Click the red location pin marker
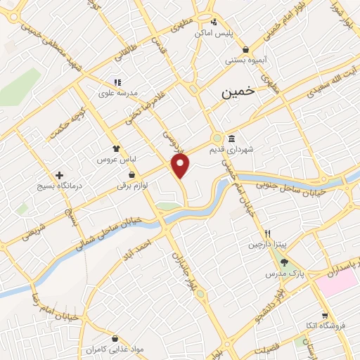181,166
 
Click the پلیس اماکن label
213,33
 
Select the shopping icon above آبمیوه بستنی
245,49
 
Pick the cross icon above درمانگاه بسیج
59,174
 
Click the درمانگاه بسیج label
60,187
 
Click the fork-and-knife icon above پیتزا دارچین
266,233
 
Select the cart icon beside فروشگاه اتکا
324,314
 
